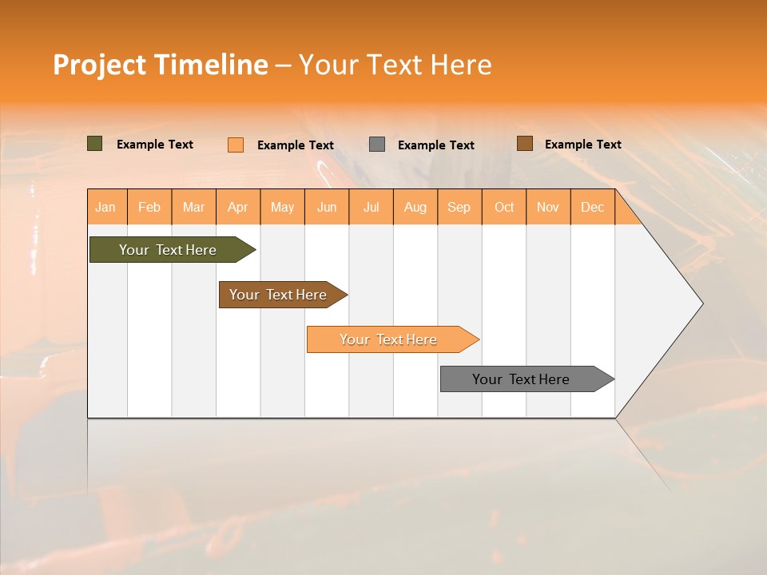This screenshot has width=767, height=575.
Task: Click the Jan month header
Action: click(105, 207)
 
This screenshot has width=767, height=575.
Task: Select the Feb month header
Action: click(149, 207)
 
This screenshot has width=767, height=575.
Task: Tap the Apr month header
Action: click(237, 207)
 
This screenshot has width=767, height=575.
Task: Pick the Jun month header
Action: click(327, 207)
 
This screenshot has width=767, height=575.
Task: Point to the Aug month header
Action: click(415, 207)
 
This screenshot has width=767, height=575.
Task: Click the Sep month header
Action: click(459, 207)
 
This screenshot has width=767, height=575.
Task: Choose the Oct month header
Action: click(504, 207)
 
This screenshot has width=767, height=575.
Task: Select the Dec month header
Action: click(592, 207)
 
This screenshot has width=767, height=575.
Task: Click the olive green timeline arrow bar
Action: click(169, 250)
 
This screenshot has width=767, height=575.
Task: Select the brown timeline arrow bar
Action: click(279, 295)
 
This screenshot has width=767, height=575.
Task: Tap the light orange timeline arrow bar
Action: click(389, 339)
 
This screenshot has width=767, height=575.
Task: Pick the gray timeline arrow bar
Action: click(522, 379)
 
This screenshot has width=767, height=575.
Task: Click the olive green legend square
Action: click(95, 144)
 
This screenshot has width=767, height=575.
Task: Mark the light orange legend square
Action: click(236, 145)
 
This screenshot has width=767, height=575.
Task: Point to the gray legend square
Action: click(377, 145)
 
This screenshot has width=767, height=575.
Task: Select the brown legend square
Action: click(524, 144)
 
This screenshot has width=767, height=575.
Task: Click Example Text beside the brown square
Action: click(582, 145)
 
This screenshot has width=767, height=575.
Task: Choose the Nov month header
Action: click(547, 207)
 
